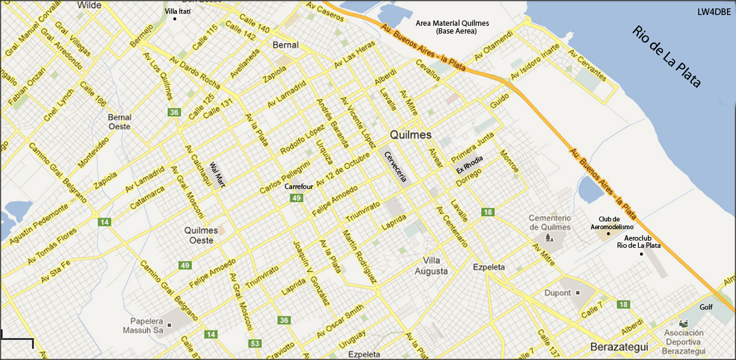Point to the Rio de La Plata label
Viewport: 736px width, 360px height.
point(666,57)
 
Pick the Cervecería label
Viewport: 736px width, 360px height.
point(395,166)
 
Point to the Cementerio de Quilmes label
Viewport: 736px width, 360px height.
point(549,222)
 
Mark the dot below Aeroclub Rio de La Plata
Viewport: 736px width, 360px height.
point(641,254)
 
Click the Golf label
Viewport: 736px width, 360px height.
point(706,307)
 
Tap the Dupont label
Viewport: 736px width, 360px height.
point(558,293)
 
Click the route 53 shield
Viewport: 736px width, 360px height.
point(256,343)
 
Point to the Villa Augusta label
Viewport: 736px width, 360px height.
point(431,266)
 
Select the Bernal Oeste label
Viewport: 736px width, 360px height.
point(119,122)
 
